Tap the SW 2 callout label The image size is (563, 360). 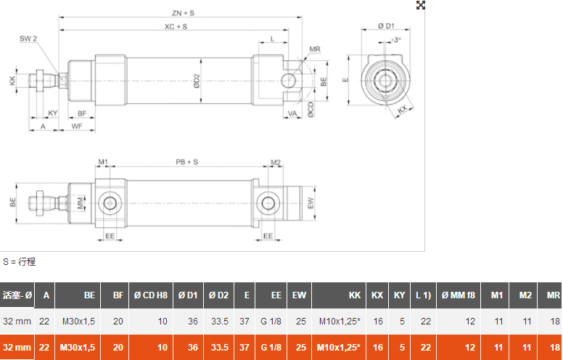[28, 38]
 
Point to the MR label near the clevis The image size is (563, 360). [314, 49]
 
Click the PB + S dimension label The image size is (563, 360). [186, 162]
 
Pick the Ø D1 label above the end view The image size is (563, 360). [385, 26]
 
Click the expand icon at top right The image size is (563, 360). [420, 5]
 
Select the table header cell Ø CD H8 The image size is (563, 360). [151, 295]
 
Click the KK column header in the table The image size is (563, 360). [354, 295]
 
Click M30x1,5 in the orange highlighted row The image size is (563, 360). [79, 348]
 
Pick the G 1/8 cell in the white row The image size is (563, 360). [271, 321]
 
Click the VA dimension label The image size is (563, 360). [292, 114]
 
